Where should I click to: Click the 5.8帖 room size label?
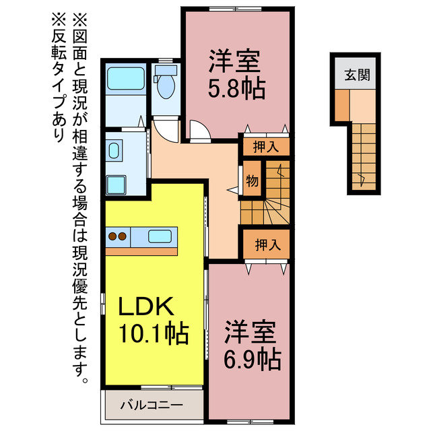(235, 88)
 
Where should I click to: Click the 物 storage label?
(252, 180)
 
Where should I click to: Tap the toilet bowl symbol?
(165, 85)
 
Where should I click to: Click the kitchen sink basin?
(160, 236)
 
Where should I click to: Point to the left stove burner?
(113, 236)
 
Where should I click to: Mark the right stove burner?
(123, 236)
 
